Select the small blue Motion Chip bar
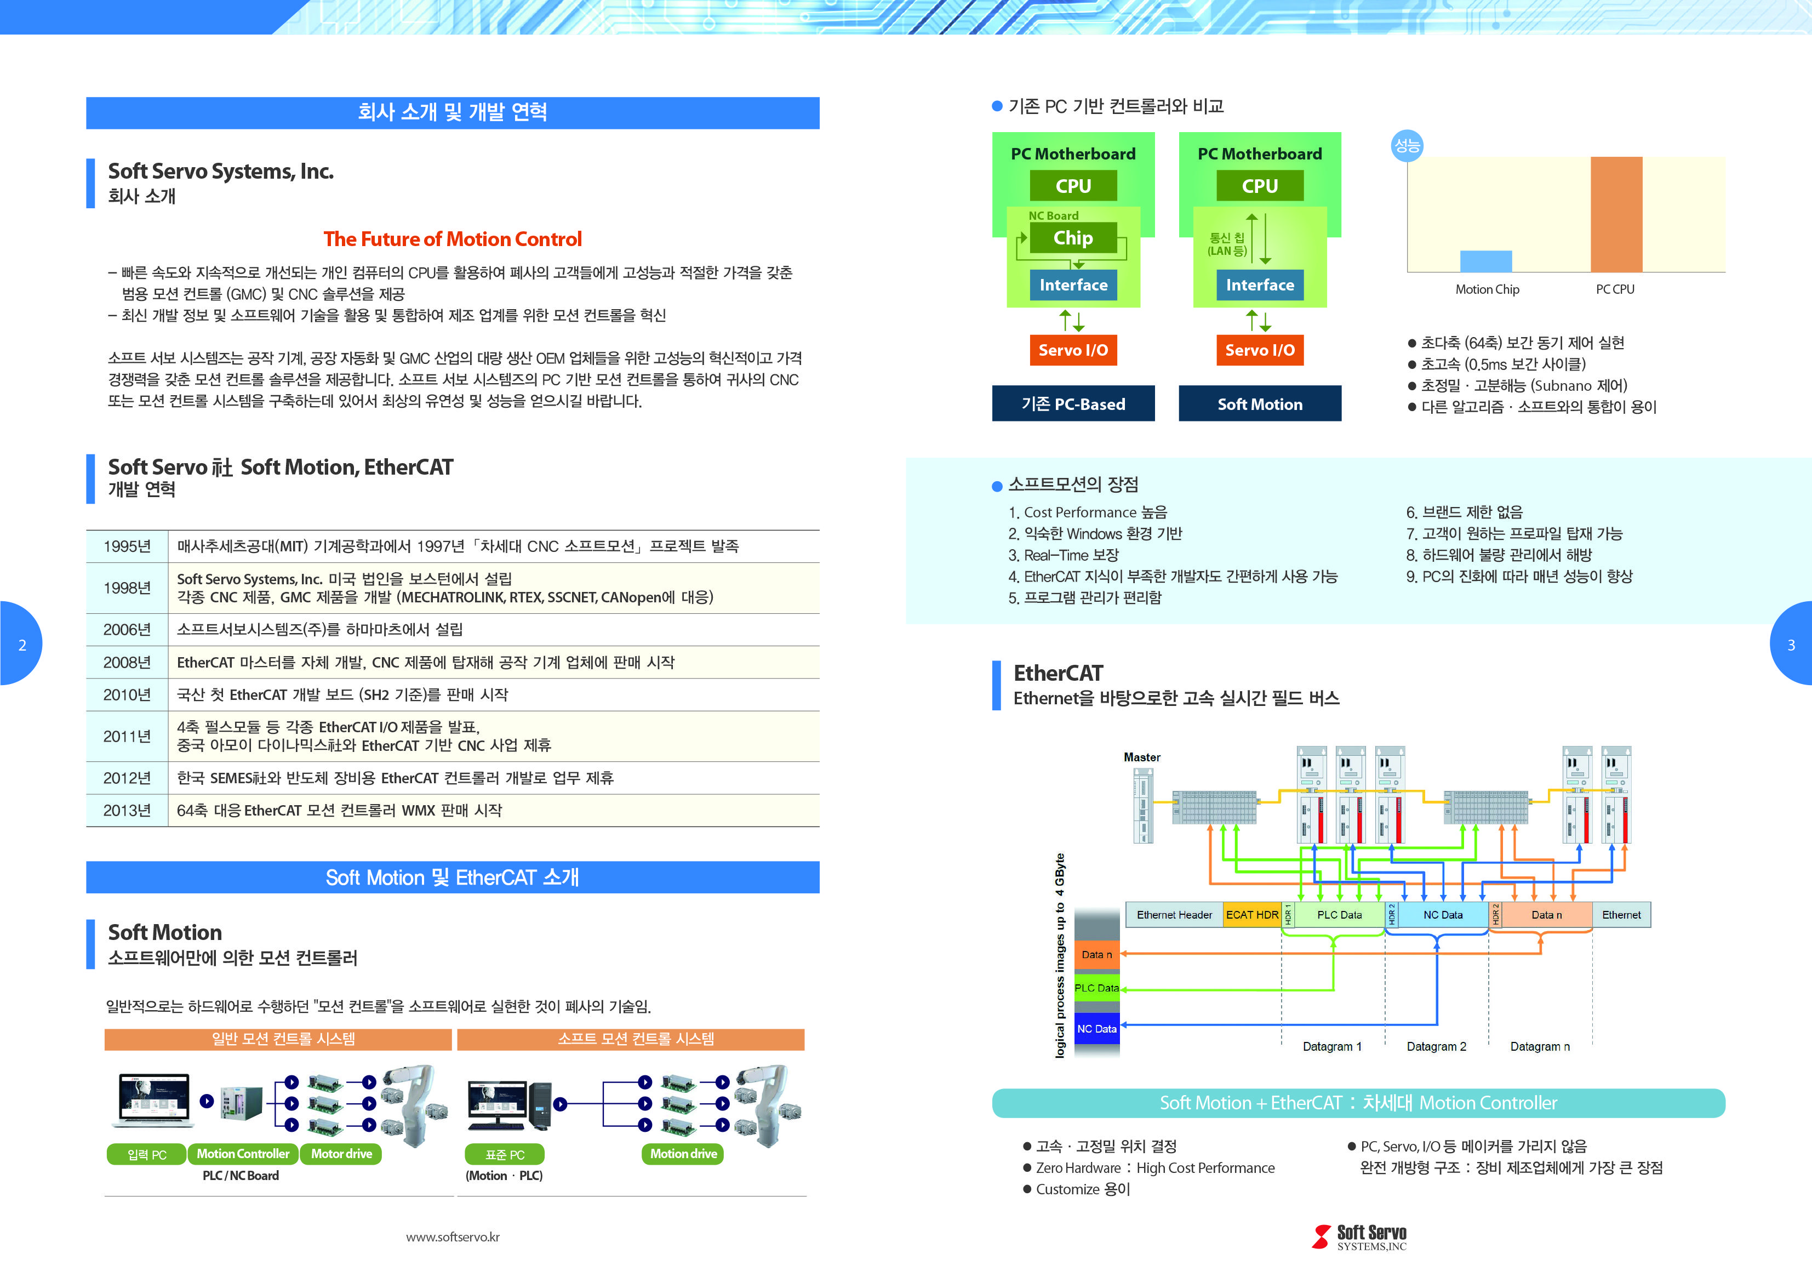(1485, 261)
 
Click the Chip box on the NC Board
(1072, 238)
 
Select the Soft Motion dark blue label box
(1260, 404)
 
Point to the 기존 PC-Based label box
(1072, 404)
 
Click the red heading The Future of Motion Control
(452, 239)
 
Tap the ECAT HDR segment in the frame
(1251, 915)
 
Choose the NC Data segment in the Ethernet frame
(1443, 915)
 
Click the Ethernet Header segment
(1174, 915)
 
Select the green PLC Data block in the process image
(1096, 988)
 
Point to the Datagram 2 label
(1436, 1047)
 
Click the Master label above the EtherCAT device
(1141, 757)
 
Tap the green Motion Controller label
(243, 1154)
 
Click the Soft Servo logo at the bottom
(1359, 1237)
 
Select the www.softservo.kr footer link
(452, 1237)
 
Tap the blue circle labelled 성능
(1407, 145)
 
